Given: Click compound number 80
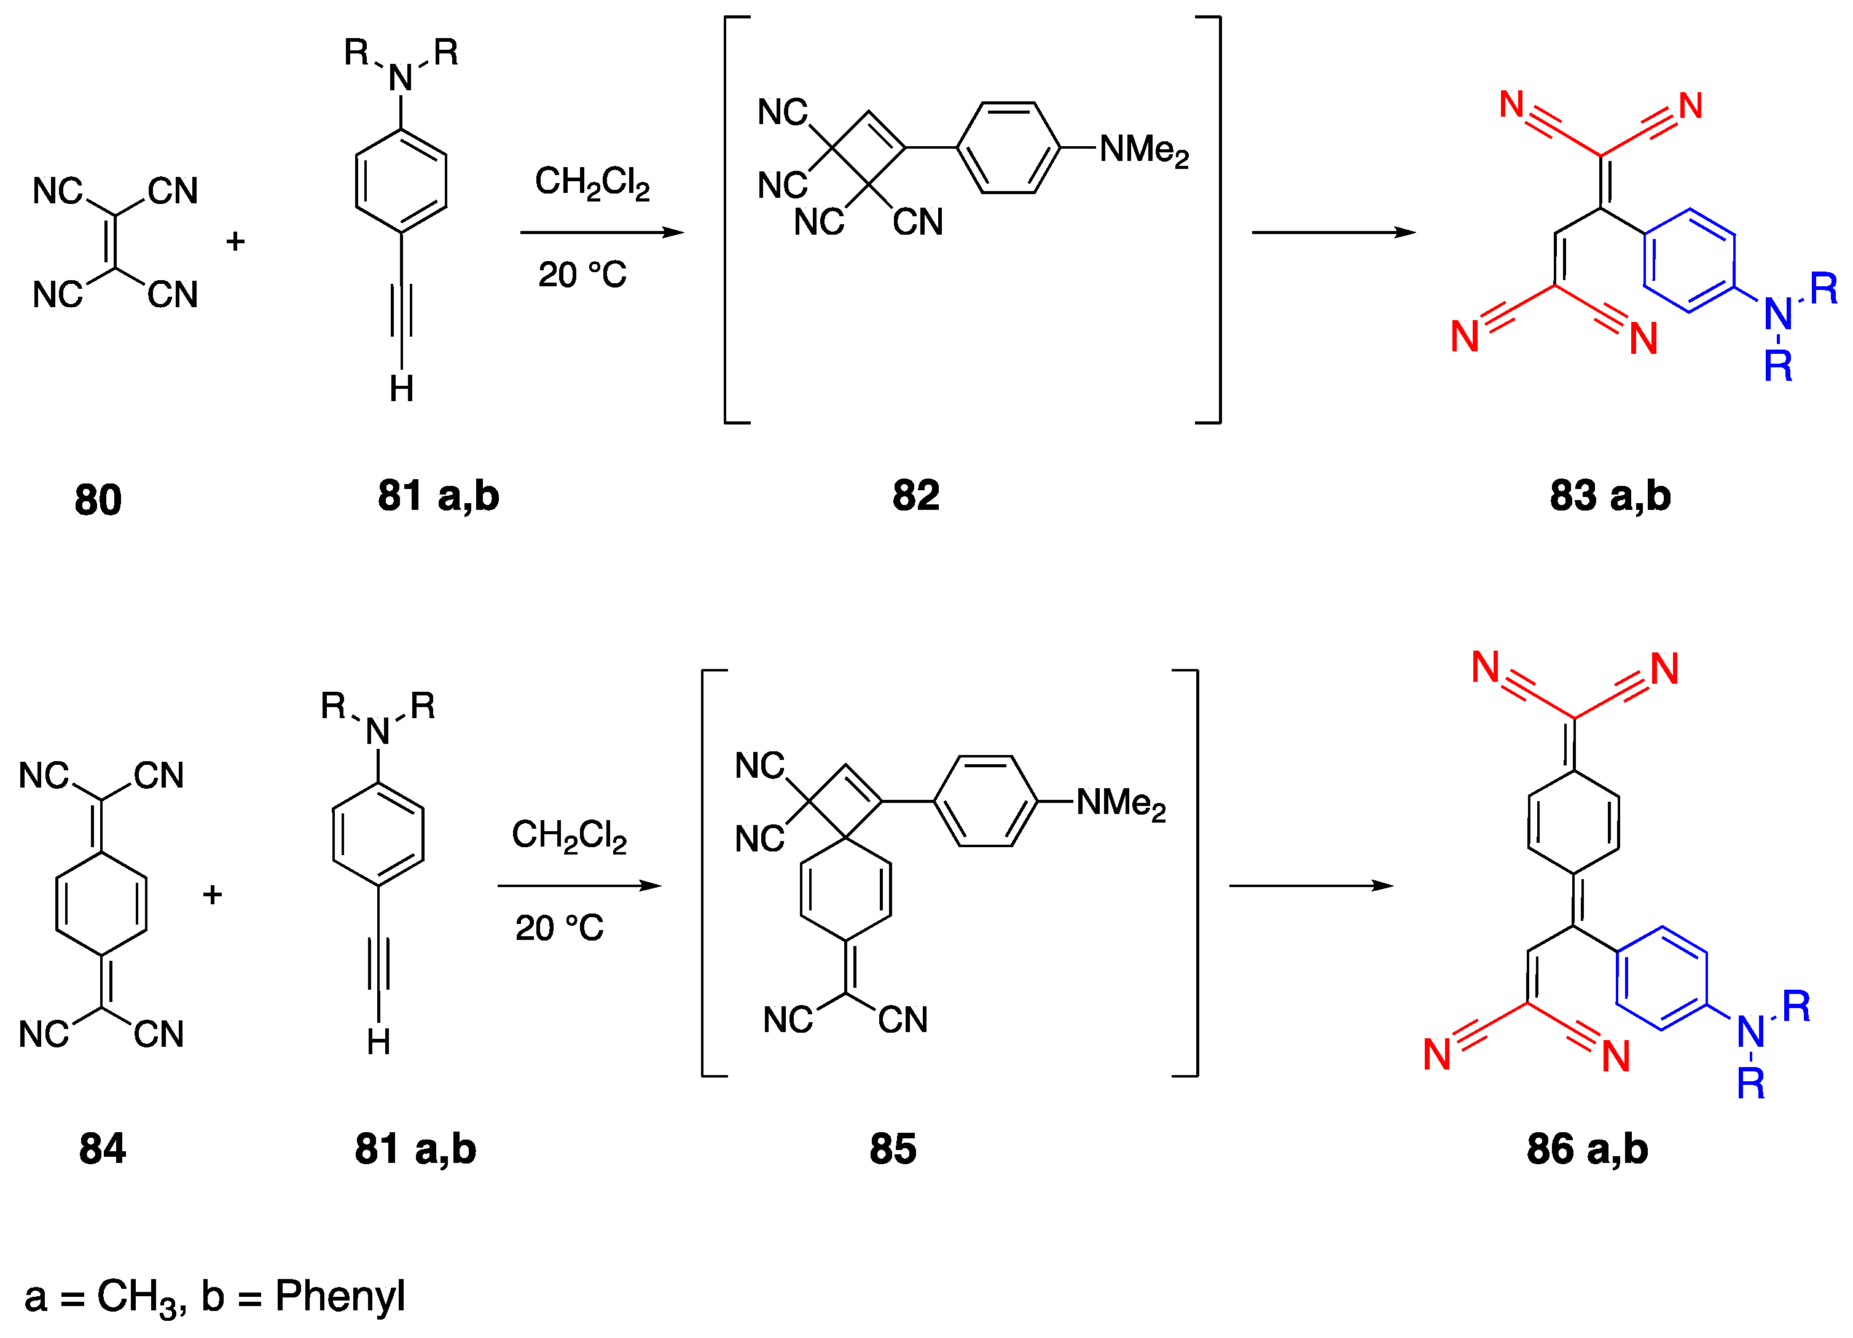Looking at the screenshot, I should point(98,500).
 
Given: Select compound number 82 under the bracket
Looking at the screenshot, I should point(916,496).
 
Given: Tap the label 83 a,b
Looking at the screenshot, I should point(1610,496).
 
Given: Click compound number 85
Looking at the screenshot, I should point(893,1149).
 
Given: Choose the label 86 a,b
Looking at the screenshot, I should point(1588,1149).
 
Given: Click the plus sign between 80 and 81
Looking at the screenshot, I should point(235,242).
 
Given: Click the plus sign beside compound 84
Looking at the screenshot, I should point(213,895).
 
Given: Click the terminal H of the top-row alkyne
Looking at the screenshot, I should point(401,389).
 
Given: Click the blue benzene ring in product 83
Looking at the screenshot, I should point(1689,260).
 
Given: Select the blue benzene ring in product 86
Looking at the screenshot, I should point(1661,978).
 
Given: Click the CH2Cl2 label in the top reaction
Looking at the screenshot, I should point(592,182).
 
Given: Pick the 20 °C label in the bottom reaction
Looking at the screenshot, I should point(560,929).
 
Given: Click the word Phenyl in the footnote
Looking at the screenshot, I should point(340,1296).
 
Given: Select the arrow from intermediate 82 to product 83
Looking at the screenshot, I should point(1333,233).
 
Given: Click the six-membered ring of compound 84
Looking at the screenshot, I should point(101,904).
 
